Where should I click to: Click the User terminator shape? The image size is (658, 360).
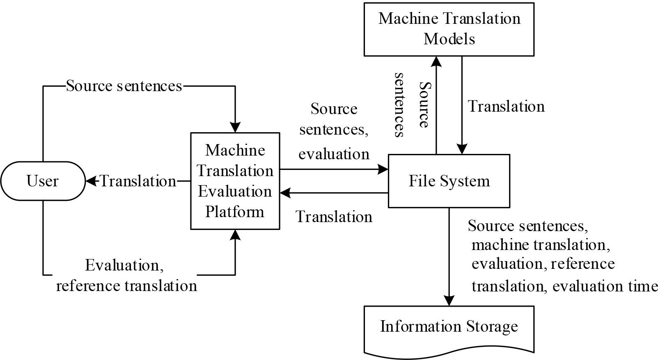pyautogui.click(x=42, y=181)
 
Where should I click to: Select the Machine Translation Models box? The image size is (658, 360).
pyautogui.click(x=449, y=29)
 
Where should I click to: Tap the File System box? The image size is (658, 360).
pyautogui.click(x=449, y=181)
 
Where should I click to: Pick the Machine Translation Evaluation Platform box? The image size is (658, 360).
pyautogui.click(x=235, y=181)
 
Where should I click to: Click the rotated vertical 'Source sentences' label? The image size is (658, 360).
pyautogui.click(x=412, y=105)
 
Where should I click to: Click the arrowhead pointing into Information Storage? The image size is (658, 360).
pyautogui.click(x=449, y=301)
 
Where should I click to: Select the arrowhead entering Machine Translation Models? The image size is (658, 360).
pyautogui.click(x=436, y=61)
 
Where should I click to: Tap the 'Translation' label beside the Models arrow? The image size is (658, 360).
pyautogui.click(x=506, y=106)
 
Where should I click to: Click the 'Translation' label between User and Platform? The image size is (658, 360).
pyautogui.click(x=138, y=181)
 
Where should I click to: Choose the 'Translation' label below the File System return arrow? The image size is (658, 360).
pyautogui.click(x=334, y=217)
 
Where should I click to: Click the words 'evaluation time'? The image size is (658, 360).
pyautogui.click(x=605, y=286)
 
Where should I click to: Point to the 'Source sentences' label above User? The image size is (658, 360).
pyautogui.click(x=124, y=86)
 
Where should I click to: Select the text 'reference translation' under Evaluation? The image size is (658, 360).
pyautogui.click(x=126, y=285)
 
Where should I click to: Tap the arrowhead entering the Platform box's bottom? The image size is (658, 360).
pyautogui.click(x=235, y=234)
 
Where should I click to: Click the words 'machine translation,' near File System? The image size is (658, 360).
pyautogui.click(x=541, y=245)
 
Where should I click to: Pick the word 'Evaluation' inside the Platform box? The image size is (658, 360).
pyautogui.click(x=235, y=191)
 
